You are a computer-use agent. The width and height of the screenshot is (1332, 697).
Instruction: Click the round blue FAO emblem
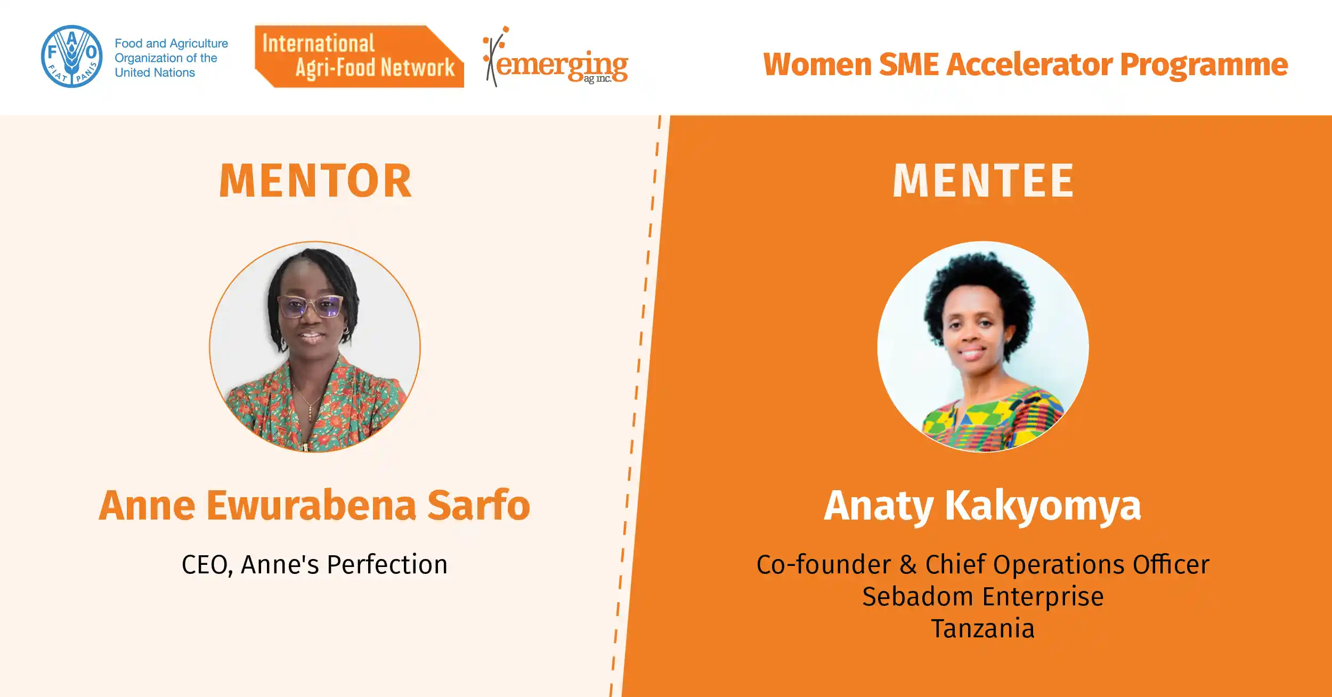pos(72,56)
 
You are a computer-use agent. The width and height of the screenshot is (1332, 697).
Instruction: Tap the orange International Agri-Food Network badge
pos(359,56)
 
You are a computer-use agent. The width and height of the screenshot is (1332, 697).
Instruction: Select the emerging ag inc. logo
pos(555,56)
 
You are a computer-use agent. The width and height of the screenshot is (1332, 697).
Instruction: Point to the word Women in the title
pos(817,64)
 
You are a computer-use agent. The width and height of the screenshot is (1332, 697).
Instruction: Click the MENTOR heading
pos(315,181)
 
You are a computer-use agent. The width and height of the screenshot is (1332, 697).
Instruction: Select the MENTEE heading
pos(983,181)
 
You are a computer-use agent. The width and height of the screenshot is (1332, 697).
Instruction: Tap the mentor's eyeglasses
pos(311,306)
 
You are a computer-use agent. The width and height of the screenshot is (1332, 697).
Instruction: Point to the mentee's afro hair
pos(979,290)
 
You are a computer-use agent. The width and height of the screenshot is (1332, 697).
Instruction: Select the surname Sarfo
pos(478,505)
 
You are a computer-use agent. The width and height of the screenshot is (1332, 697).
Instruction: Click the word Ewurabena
pos(311,505)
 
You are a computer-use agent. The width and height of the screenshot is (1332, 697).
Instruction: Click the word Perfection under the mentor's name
pos(387,564)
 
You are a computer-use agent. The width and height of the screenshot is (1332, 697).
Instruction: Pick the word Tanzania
pos(983,628)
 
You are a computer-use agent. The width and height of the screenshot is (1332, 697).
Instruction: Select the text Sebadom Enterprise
pos(983,597)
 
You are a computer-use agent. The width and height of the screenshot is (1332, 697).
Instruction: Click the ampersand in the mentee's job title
pos(908,564)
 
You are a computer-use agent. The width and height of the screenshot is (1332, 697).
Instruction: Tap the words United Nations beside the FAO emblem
pos(155,72)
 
